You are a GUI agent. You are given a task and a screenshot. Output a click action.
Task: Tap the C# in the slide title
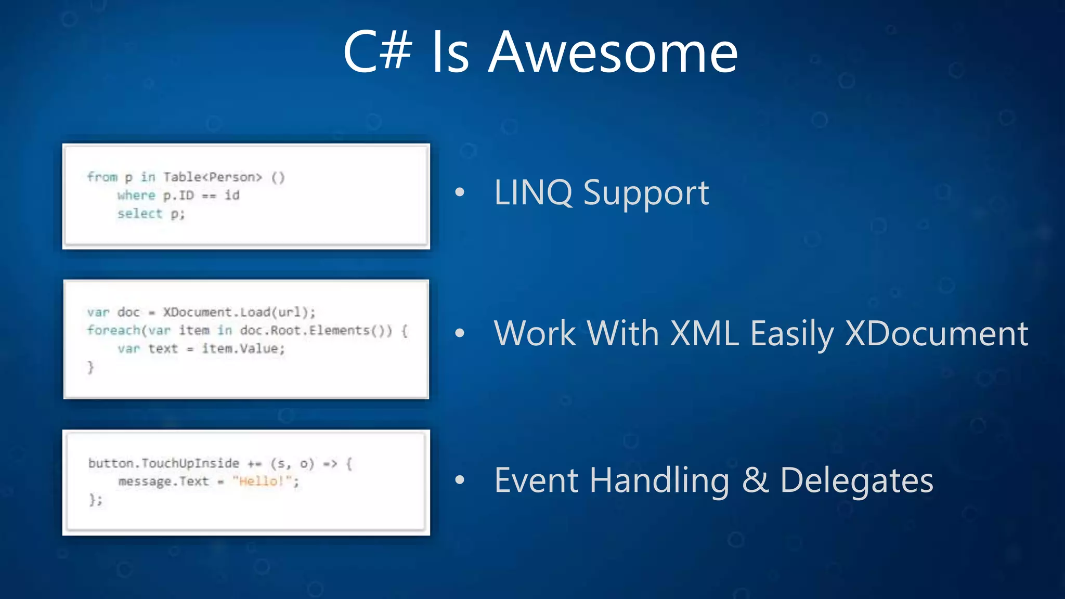click(x=378, y=52)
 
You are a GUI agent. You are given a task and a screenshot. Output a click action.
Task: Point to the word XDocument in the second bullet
click(x=936, y=333)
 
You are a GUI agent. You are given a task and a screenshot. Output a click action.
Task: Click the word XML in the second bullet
click(x=704, y=333)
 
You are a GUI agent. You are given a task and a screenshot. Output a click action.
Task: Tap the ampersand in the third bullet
click(x=755, y=480)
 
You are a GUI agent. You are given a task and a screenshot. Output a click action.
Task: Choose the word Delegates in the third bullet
click(x=856, y=481)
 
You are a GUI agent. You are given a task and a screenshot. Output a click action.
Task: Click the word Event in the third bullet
click(x=536, y=480)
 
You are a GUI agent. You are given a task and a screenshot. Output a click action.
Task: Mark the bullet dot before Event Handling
click(x=460, y=480)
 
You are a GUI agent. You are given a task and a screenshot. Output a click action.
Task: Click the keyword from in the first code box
click(x=102, y=177)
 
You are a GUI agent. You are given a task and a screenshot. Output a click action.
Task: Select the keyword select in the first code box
click(x=140, y=214)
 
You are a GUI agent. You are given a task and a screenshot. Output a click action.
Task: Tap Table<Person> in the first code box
click(x=213, y=177)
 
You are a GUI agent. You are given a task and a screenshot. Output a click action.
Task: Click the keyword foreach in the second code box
click(x=114, y=330)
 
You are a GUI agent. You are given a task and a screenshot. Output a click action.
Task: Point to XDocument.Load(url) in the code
click(x=238, y=312)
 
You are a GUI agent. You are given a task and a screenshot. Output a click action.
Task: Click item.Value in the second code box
click(x=242, y=348)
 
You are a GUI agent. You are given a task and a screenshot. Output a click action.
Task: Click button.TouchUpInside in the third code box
click(x=164, y=463)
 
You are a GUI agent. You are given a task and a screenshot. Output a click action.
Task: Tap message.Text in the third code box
click(x=163, y=481)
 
